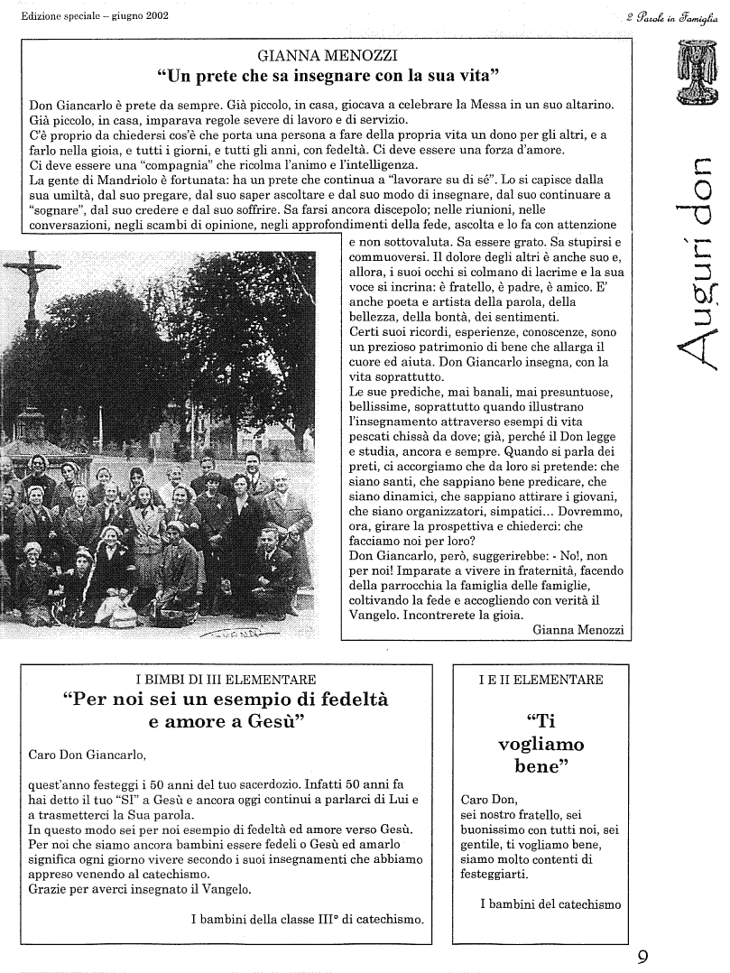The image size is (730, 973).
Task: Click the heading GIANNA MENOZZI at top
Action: click(x=328, y=54)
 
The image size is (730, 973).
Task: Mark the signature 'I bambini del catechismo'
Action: click(x=550, y=903)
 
